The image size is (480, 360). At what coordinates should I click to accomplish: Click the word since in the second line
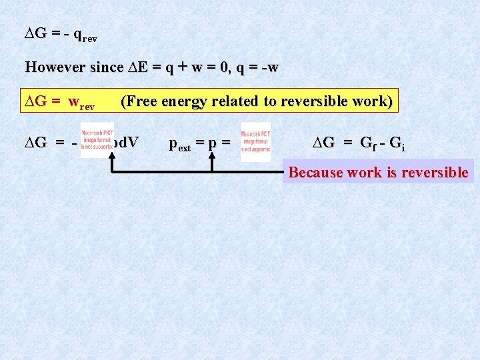coord(106,67)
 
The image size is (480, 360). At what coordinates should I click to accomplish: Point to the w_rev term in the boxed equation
coord(82,103)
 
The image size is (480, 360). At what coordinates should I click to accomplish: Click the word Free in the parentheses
coord(141,101)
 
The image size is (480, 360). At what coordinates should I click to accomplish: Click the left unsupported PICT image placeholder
coord(97,140)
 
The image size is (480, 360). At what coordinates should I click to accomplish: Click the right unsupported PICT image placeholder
coord(256,142)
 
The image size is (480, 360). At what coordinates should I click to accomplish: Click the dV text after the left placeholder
coord(126,142)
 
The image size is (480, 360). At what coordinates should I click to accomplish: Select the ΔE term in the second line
coord(137,67)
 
